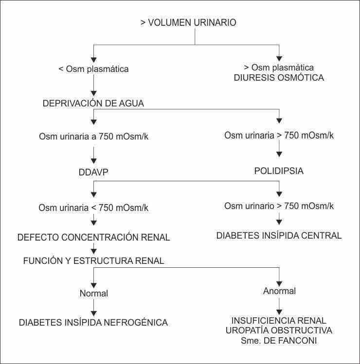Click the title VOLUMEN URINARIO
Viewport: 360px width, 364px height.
pyautogui.click(x=188, y=22)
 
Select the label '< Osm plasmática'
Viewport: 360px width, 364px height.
pyautogui.click(x=93, y=69)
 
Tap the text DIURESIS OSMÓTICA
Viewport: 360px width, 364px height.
pyautogui.click(x=279, y=77)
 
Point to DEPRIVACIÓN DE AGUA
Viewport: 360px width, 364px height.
pyautogui.click(x=93, y=104)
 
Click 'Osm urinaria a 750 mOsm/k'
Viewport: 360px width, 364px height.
pyautogui.click(x=93, y=136)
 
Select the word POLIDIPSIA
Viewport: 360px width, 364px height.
pyautogui.click(x=279, y=171)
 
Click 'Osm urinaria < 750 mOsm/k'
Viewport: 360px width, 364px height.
pyautogui.click(x=93, y=208)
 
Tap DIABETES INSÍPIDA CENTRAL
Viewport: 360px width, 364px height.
pyautogui.click(x=279, y=236)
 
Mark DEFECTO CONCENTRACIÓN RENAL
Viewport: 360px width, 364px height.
pyautogui.click(x=93, y=238)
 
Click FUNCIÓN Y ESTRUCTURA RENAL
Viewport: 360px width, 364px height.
pyautogui.click(x=93, y=261)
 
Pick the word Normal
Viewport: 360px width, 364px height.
pyautogui.click(x=93, y=293)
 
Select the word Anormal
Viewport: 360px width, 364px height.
pyautogui.click(x=279, y=292)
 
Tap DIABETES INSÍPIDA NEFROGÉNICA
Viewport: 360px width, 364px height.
pyautogui.click(x=93, y=322)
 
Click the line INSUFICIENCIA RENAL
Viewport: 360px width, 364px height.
pyautogui.click(x=279, y=321)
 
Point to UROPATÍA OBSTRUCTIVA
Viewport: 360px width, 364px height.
pyautogui.click(x=279, y=330)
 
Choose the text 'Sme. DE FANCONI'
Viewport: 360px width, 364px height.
pyautogui.click(x=279, y=341)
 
